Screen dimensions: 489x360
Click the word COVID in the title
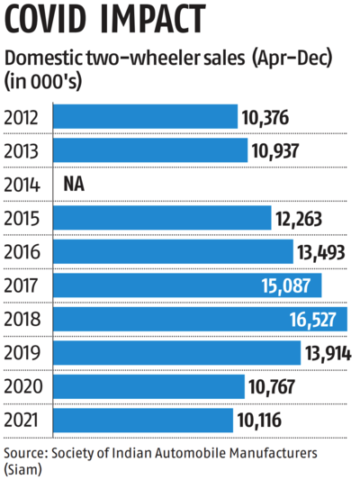[x=51, y=20]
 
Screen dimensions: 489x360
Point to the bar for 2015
[x=162, y=218]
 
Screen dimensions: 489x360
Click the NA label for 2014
[x=75, y=185]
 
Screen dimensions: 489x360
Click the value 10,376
[x=271, y=117]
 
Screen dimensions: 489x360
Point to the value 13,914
[x=331, y=353]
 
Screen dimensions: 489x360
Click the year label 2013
[x=23, y=151]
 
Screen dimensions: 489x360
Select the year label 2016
[x=23, y=252]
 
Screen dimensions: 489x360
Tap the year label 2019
[x=23, y=353]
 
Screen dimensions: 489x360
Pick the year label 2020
[x=23, y=387]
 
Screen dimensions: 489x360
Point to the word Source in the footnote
[x=25, y=453]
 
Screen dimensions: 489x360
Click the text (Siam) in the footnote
[x=22, y=471]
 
